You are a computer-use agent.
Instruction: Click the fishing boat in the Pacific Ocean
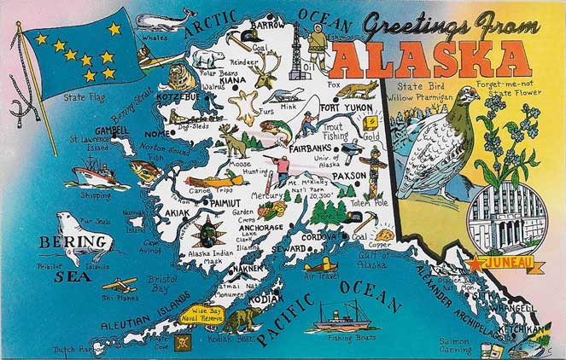point(342,316)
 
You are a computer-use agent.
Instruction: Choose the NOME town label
point(157,134)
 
